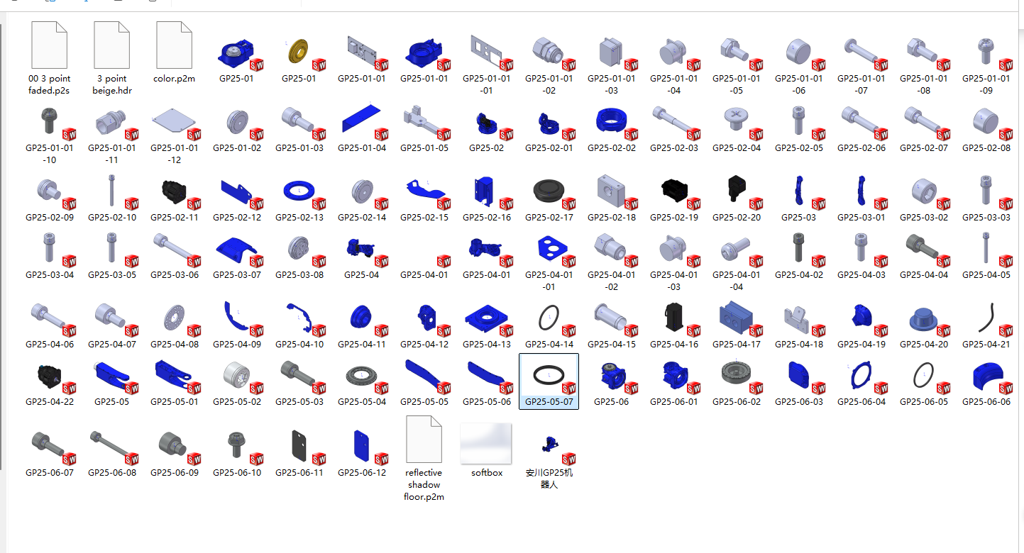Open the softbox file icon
pos(486,444)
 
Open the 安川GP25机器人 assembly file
pos(548,444)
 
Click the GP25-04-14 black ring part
pos(548,318)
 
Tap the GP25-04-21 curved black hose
pos(985,318)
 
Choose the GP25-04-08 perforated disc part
pos(173,318)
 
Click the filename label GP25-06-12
pos(362,473)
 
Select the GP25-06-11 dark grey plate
pos(299,445)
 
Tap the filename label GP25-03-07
pos(237,275)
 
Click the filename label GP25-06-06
pos(986,402)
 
